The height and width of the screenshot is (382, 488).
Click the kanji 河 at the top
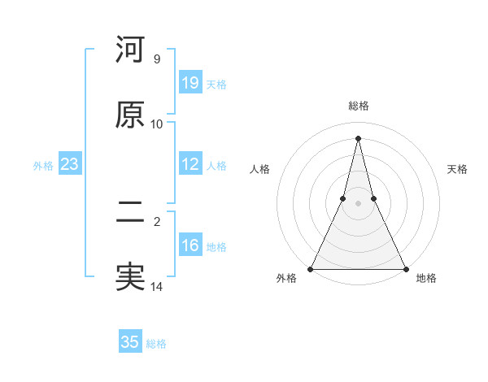coord(130,50)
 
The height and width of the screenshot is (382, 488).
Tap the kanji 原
coord(130,115)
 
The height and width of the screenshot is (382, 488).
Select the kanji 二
coord(130,212)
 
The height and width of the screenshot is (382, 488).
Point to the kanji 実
coord(130,277)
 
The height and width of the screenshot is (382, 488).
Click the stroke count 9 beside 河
coord(157,59)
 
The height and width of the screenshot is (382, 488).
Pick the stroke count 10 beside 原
coord(157,124)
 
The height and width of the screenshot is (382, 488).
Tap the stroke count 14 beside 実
coord(157,287)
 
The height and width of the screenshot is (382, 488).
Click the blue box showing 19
coord(190,82)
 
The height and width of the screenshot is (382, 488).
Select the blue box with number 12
coord(190,164)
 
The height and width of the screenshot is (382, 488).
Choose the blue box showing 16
coord(190,245)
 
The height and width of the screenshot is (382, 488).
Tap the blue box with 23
coord(69,164)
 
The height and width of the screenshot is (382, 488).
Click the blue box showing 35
coord(130,342)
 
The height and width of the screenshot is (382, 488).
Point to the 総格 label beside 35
coord(156,344)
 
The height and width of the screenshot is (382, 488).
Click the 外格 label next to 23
coord(43,166)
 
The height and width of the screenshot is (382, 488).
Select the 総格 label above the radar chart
coord(358,106)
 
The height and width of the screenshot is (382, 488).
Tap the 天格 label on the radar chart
coord(457,169)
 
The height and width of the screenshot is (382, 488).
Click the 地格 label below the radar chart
coord(426,278)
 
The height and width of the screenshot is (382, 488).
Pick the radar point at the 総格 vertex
coord(358,137)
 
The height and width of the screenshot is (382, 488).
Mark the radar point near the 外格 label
coord(311,268)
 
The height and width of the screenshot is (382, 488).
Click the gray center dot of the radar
coord(358,203)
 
